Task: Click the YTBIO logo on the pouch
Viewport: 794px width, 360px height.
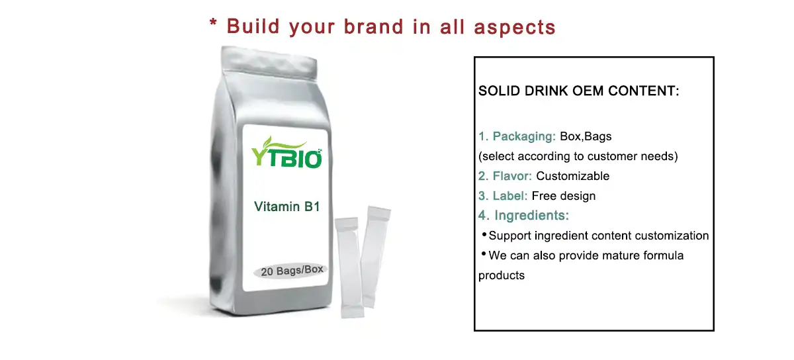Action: tap(287, 153)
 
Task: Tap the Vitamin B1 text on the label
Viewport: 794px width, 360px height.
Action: tap(287, 207)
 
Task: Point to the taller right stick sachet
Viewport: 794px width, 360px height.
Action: tap(376, 255)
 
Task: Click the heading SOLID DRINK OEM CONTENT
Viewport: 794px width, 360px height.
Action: tap(579, 91)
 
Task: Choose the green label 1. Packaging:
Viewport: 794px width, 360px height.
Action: tap(517, 137)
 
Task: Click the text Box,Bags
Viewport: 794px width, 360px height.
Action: tap(586, 137)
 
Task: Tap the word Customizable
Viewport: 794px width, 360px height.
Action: tap(572, 176)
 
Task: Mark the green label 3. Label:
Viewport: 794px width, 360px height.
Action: tap(503, 196)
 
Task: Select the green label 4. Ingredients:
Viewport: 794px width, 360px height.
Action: tap(523, 216)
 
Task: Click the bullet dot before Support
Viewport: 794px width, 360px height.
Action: tap(484, 234)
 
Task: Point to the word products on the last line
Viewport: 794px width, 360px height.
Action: tap(501, 275)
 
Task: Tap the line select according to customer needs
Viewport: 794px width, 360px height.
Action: tap(578, 157)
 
